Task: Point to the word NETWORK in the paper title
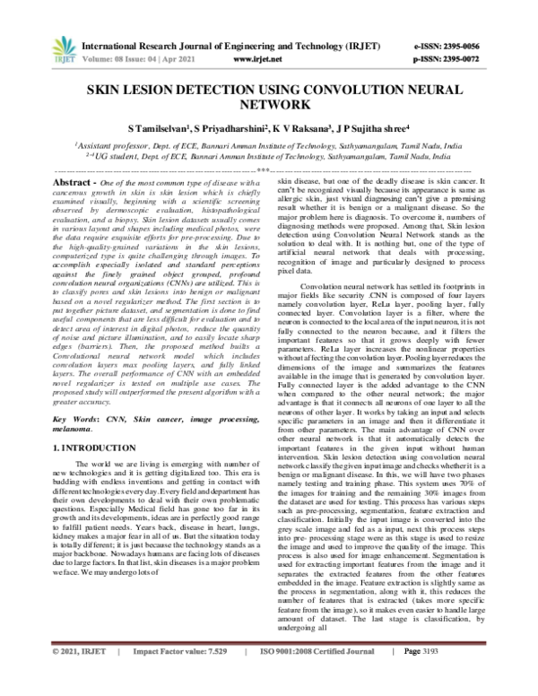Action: click(268, 104)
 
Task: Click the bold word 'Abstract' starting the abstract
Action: click(75, 181)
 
